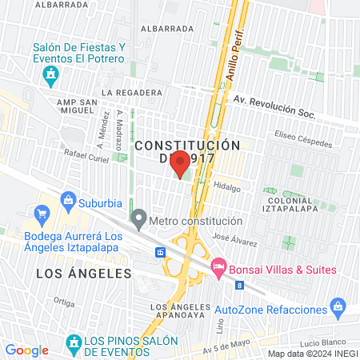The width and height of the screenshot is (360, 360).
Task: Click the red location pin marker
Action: click(x=181, y=163)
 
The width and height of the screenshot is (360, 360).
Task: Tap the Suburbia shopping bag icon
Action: click(x=69, y=198)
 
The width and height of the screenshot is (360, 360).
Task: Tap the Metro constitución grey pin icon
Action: click(x=139, y=218)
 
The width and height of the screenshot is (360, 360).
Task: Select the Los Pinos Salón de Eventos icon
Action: click(x=74, y=345)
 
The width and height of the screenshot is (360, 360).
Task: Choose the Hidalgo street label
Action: click(x=226, y=186)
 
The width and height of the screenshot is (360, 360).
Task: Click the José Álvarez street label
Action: click(x=234, y=237)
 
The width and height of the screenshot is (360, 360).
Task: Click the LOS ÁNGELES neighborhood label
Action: click(x=83, y=274)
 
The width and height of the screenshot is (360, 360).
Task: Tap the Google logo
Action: click(x=26, y=350)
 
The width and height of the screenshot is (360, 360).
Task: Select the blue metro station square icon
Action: click(x=161, y=252)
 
